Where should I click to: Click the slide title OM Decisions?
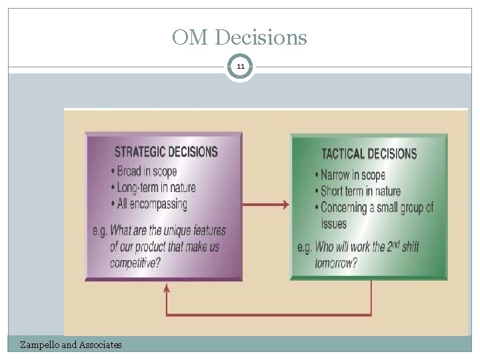point(239,37)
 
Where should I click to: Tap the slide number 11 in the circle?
point(239,67)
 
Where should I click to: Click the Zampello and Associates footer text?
point(71,345)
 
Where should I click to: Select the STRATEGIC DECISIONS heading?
point(166,151)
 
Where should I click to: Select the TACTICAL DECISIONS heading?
point(369,154)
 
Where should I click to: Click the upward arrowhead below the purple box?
point(167,288)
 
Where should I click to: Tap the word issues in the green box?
point(334,224)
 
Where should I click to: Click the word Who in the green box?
point(323,247)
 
